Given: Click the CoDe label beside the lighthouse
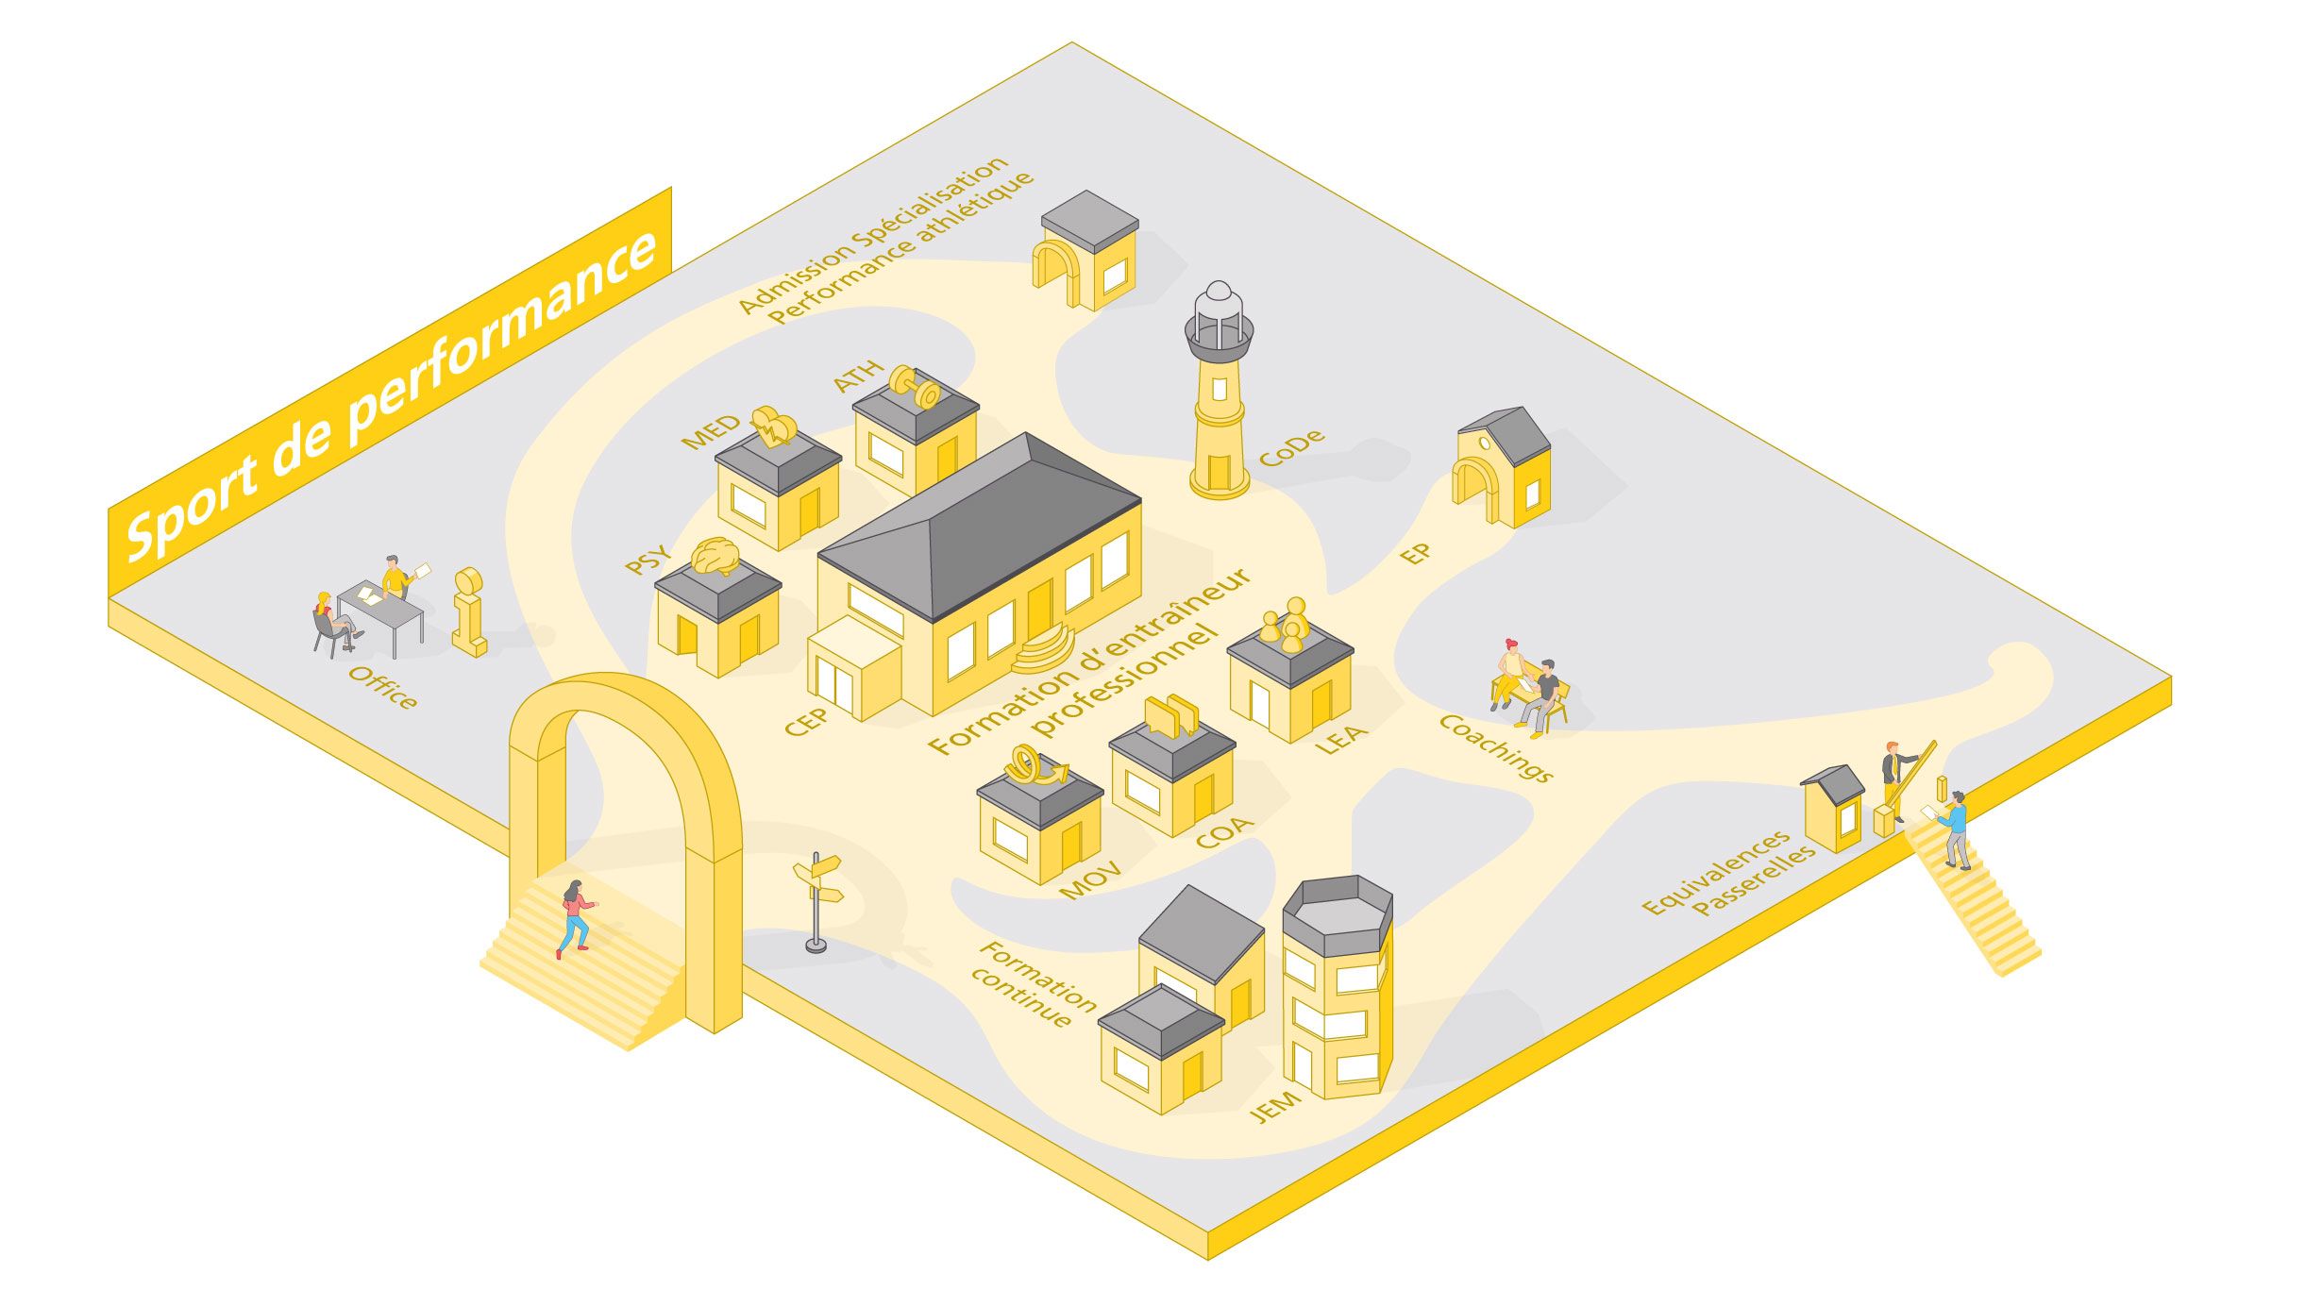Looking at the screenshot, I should coord(1291,448).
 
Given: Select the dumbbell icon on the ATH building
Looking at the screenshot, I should coord(914,387).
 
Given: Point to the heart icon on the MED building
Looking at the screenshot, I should coord(774,426).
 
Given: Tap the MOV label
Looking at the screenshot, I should coord(1090,879).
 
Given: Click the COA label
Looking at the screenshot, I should coord(1224,831).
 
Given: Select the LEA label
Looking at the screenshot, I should coord(1340,739).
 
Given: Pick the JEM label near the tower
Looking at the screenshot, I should coord(1275,1105).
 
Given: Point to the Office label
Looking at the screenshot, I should coord(382,686).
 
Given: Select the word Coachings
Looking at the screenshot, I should coord(1495,747).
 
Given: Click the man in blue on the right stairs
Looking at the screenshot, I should coord(1956,829).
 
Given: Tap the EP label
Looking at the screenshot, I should coord(1415,554).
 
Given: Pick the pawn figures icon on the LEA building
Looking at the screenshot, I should coord(1287,624).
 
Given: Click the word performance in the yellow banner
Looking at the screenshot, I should coord(500,340).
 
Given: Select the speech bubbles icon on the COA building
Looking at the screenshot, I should coord(1171,715).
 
